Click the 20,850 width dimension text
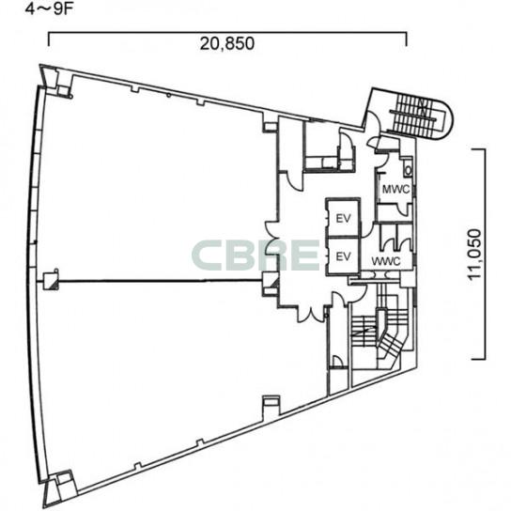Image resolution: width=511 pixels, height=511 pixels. click(x=227, y=44)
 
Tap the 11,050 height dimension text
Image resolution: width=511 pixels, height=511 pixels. click(x=474, y=255)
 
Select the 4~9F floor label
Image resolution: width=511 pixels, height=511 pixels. click(x=50, y=8)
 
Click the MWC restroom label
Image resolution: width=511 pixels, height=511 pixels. click(x=395, y=189)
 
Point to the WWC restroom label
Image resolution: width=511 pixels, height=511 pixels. click(x=386, y=261)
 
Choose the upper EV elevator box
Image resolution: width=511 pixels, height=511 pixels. click(x=343, y=217)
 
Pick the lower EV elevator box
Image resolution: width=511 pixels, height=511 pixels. click(x=343, y=256)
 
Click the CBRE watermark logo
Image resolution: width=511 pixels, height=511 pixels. click(x=255, y=255)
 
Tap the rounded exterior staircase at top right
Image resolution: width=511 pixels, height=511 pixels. click(x=421, y=114)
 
